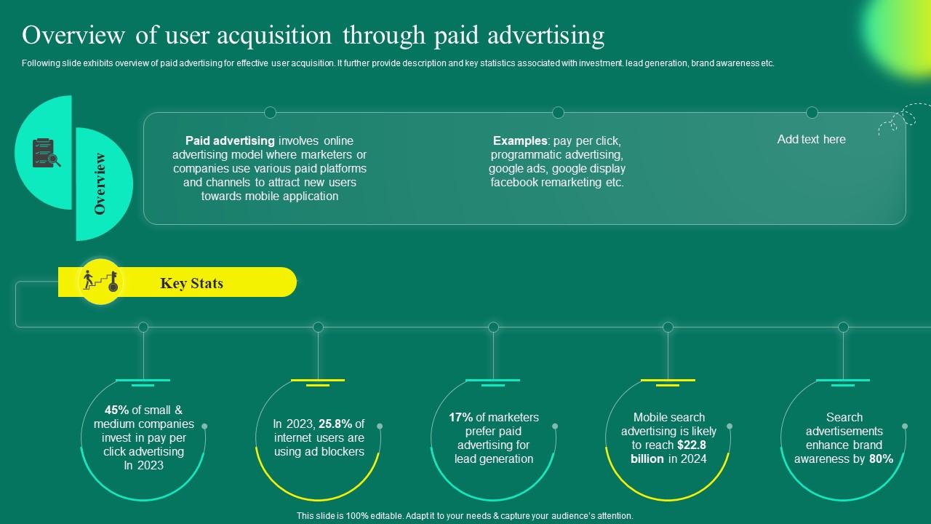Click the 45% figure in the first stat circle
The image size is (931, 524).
116,410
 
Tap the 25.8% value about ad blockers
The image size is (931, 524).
335,424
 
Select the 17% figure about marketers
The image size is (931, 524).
460,418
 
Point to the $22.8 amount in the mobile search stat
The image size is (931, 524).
691,445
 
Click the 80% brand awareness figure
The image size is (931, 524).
881,459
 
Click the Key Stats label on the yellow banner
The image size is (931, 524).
191,284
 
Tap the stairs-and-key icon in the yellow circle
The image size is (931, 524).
100,281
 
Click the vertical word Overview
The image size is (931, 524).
100,183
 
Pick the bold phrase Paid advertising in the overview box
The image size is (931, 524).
230,141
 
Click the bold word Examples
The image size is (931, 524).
519,141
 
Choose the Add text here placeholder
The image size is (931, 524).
811,140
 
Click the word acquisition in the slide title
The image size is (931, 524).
277,35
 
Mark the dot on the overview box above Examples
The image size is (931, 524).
558,112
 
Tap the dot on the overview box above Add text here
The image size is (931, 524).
812,112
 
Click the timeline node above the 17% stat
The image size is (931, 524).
493,327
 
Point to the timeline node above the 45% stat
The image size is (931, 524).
143,327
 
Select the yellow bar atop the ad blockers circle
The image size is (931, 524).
318,381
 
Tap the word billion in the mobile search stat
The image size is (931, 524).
647,459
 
